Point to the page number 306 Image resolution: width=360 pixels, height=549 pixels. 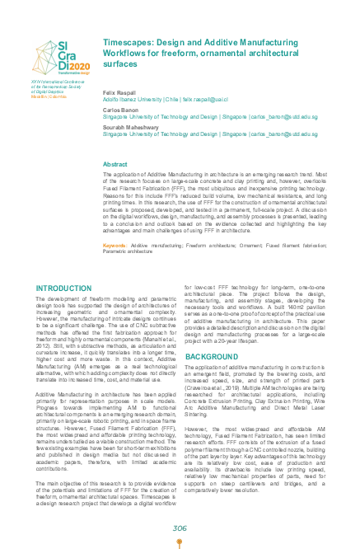click(180, 528)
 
